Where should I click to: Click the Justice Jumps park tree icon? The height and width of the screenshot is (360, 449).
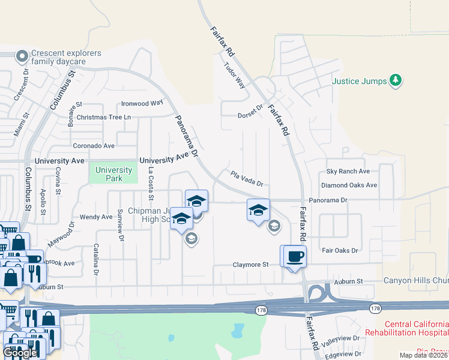395,80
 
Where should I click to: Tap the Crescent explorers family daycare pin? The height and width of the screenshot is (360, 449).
22,57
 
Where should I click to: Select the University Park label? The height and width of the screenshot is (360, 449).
113,174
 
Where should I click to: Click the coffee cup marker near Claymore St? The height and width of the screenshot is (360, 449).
295,257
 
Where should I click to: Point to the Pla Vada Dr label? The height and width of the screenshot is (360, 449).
246,179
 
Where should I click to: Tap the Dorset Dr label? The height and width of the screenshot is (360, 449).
250,112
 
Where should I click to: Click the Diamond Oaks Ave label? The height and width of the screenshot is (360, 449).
349,185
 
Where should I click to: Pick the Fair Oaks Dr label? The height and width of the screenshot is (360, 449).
340,250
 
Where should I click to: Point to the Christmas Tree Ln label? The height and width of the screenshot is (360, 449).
103,117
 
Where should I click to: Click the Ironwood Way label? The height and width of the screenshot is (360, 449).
142,103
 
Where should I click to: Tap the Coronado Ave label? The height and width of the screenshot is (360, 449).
94,146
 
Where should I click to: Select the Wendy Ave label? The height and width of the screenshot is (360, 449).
96,217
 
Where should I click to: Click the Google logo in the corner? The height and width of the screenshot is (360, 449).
20,353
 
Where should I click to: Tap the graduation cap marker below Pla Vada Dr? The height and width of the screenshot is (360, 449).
258,210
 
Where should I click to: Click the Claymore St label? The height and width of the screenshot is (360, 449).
250,265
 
